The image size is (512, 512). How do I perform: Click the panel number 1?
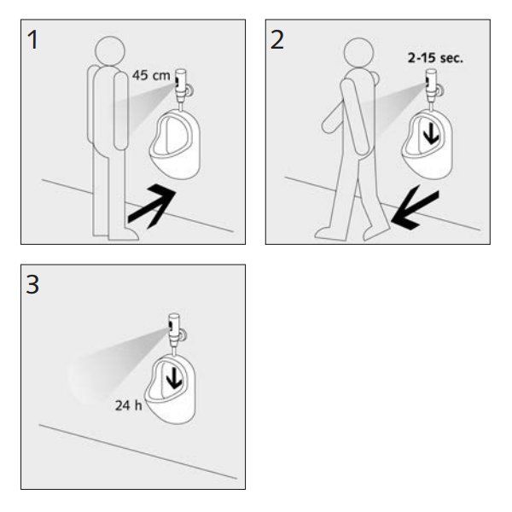pyautogui.click(x=32, y=40)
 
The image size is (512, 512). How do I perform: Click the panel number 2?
pyautogui.click(x=277, y=40)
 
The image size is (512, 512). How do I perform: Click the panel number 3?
pyautogui.click(x=32, y=284)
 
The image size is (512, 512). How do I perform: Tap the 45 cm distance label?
pyautogui.click(x=151, y=75)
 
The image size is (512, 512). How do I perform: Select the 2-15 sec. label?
pyautogui.click(x=435, y=58)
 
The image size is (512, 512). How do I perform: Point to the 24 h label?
pyautogui.click(x=129, y=405)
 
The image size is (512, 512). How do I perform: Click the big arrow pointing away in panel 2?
pyautogui.click(x=415, y=207)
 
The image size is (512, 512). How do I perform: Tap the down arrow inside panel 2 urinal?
pyautogui.click(x=431, y=134)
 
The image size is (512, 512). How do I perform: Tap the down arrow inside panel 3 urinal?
pyautogui.click(x=174, y=378)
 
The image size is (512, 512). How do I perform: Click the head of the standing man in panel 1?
pyautogui.click(x=110, y=51)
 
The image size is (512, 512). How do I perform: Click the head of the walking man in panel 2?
pyautogui.click(x=359, y=53)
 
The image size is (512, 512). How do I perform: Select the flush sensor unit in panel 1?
pyautogui.click(x=181, y=85)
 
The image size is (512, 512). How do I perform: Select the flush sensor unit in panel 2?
pyautogui.click(x=432, y=85)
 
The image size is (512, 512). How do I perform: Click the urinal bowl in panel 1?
pyautogui.click(x=175, y=145)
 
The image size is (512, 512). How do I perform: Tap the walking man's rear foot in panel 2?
pyautogui.click(x=329, y=234)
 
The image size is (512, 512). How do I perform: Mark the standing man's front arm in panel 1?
pyautogui.click(x=120, y=111)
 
